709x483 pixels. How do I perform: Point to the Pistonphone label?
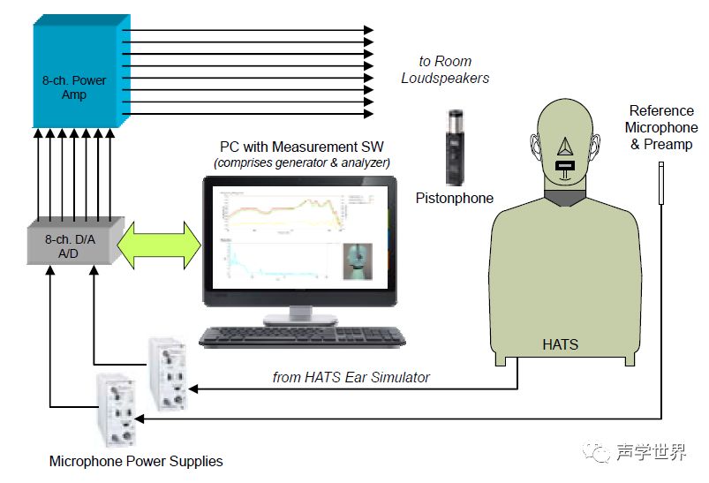tap(454, 198)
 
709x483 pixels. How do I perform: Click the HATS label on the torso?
tap(560, 344)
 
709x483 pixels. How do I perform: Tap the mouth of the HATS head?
tap(565, 164)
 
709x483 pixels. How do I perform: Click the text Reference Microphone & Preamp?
tap(661, 127)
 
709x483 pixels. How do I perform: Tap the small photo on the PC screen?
tap(358, 260)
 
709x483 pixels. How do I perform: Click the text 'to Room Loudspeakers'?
tap(445, 70)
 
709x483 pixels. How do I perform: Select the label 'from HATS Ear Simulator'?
tap(351, 377)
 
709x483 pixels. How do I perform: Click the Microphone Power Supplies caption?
tap(136, 461)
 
